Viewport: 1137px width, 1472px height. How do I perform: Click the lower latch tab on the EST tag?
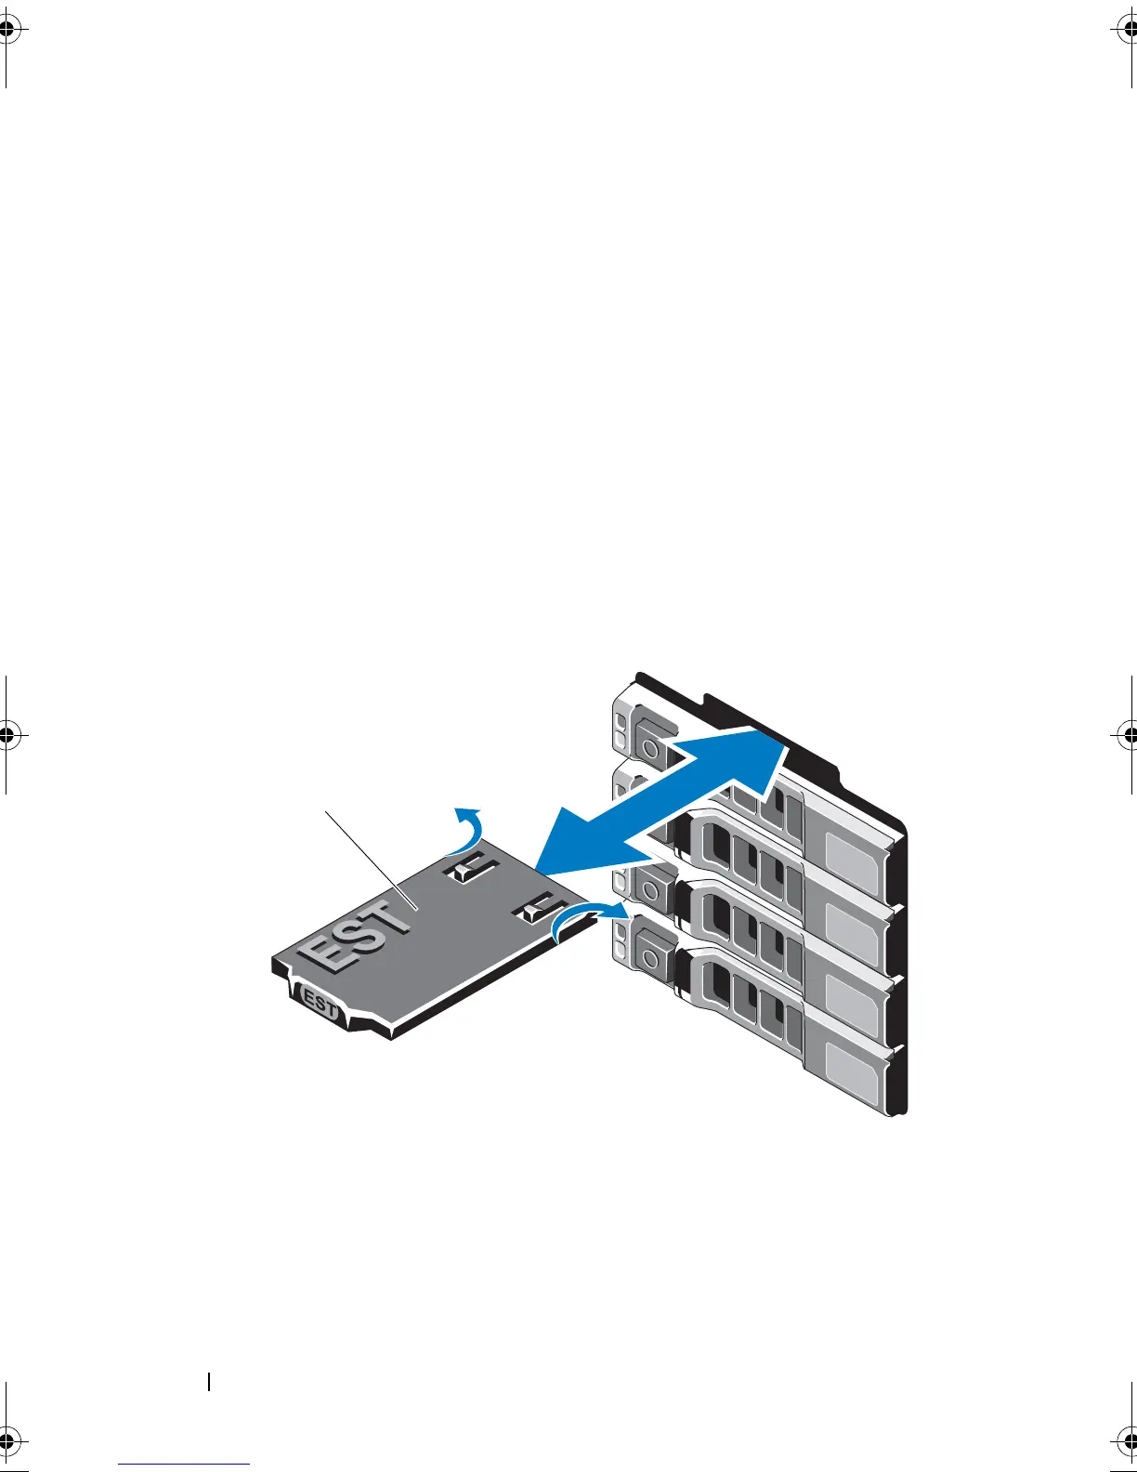[538, 908]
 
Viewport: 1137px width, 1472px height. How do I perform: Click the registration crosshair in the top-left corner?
[7, 31]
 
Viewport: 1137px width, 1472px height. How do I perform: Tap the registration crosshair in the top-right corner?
[1129, 31]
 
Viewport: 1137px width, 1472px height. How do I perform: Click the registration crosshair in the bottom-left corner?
[7, 1440]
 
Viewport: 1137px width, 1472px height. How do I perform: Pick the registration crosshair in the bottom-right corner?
[1129, 1440]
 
